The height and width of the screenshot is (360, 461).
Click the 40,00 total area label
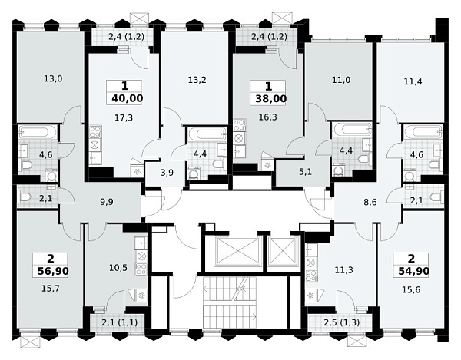coord(128,98)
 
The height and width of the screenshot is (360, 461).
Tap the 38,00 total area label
coord(270,99)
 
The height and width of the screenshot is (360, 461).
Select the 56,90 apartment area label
coord(53,271)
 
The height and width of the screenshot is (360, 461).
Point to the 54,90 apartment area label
coord(414,271)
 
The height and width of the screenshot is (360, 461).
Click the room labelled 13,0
coord(53,79)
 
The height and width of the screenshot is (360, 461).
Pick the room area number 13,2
coord(197,80)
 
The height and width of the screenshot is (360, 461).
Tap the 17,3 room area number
coord(124,117)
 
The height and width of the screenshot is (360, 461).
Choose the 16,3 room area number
coord(268,117)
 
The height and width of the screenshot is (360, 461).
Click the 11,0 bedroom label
coord(341,80)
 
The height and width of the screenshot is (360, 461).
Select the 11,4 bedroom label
coord(413,81)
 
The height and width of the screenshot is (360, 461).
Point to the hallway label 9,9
coord(107,202)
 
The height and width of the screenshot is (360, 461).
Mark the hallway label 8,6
coord(370,202)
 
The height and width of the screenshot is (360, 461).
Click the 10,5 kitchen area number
coord(118,268)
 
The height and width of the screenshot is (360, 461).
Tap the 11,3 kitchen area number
coord(344,269)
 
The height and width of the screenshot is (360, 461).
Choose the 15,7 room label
coord(51,289)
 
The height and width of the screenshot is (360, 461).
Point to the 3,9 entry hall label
coord(167,173)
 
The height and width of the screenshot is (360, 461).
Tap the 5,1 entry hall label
coord(305,172)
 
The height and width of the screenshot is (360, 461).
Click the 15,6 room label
coord(411,290)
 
